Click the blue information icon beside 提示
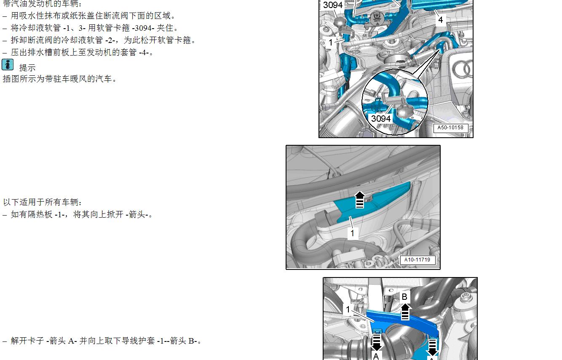[x=8, y=65]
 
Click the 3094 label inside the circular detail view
[x=381, y=119]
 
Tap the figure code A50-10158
[x=450, y=128]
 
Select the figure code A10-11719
[x=417, y=260]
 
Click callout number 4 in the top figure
[x=440, y=19]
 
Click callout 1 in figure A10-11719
[x=353, y=233]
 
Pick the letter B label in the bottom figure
[x=404, y=297]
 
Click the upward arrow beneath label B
[x=405, y=312]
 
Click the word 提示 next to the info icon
[x=27, y=68]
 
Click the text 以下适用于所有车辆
[x=42, y=203]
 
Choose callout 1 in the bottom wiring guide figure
[x=348, y=309]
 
